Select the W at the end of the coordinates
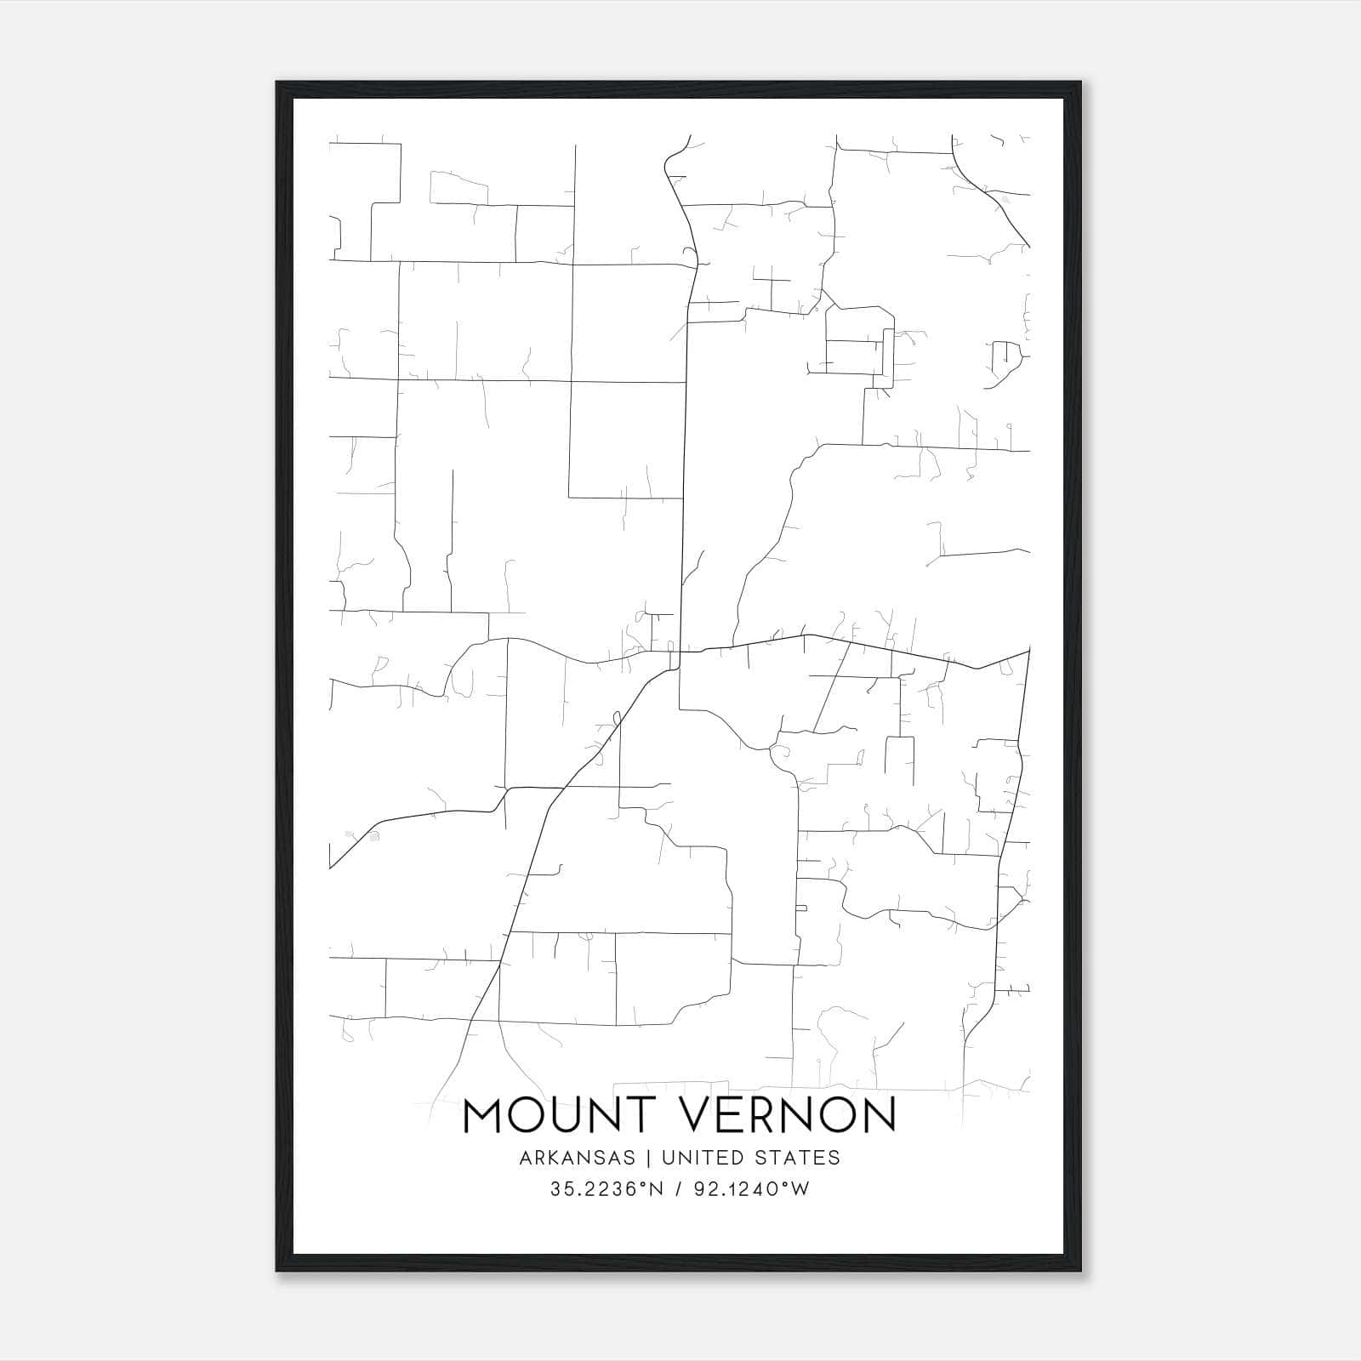coord(800,1189)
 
